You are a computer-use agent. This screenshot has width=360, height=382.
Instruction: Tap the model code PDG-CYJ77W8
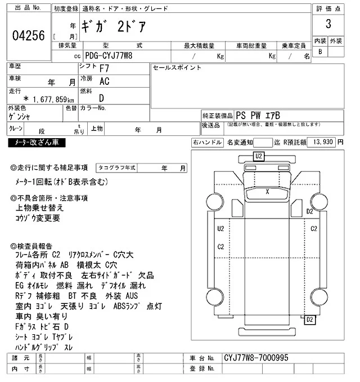click(111, 56)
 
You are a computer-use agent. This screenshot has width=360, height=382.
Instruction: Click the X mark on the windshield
click(267, 192)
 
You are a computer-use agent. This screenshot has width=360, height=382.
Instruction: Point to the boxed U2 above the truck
click(259, 156)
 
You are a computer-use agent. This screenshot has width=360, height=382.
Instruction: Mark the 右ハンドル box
click(207, 143)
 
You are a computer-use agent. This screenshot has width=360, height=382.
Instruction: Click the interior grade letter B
click(321, 52)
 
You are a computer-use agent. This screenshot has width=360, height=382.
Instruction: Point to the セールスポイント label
click(177, 68)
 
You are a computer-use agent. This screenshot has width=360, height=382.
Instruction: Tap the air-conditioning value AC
click(105, 82)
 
